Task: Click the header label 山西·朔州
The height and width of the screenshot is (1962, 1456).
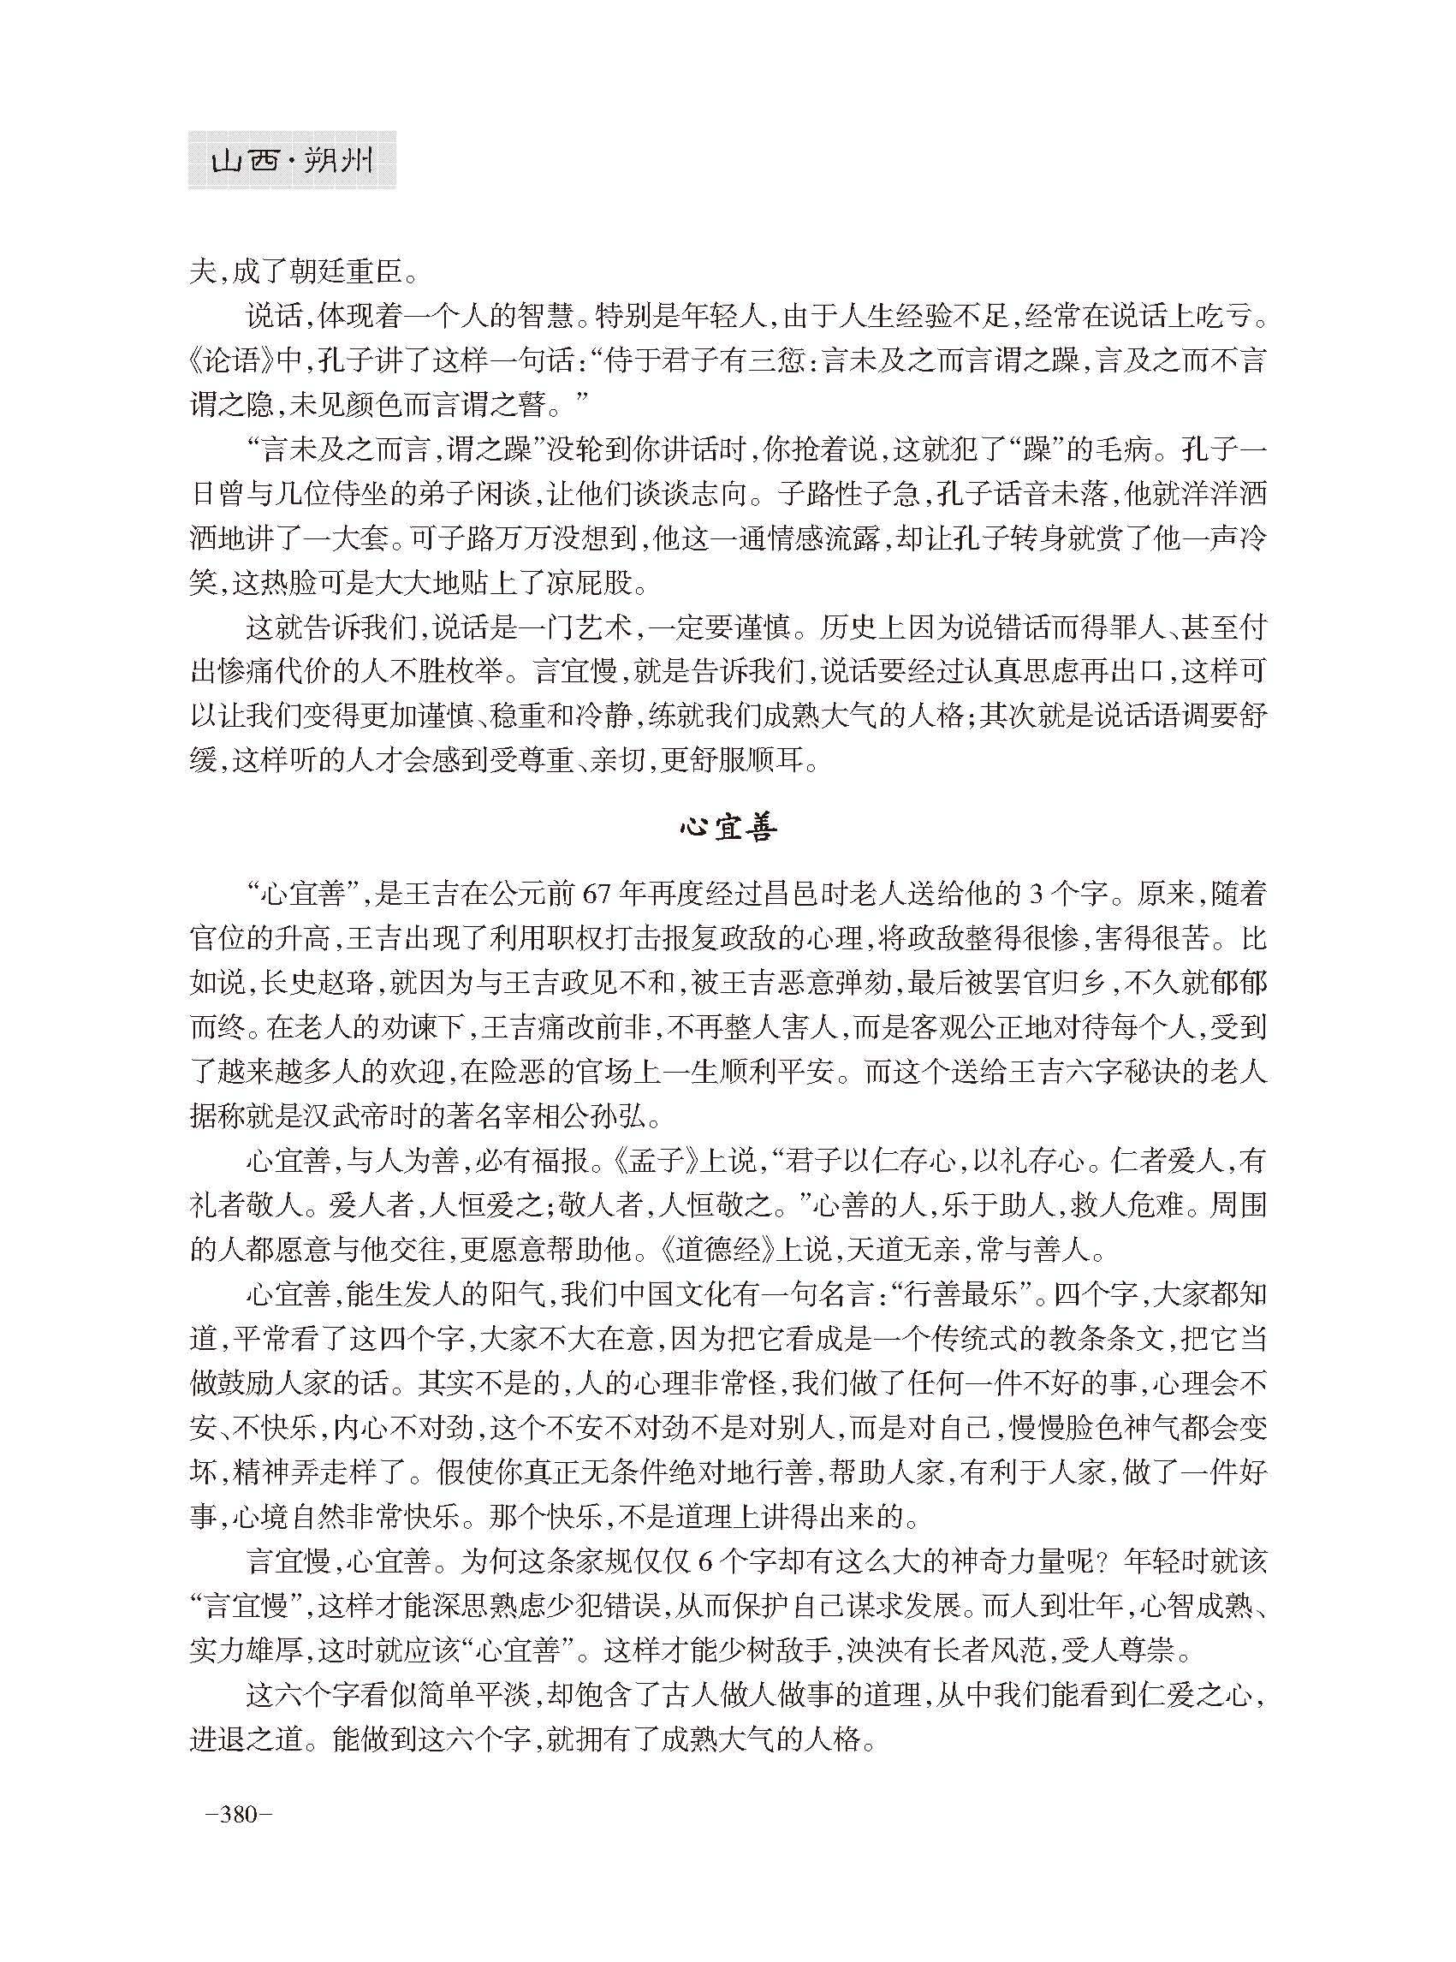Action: click(292, 161)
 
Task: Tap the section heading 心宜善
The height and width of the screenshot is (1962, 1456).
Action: click(727, 829)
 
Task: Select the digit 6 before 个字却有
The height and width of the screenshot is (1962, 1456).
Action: click(703, 1562)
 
